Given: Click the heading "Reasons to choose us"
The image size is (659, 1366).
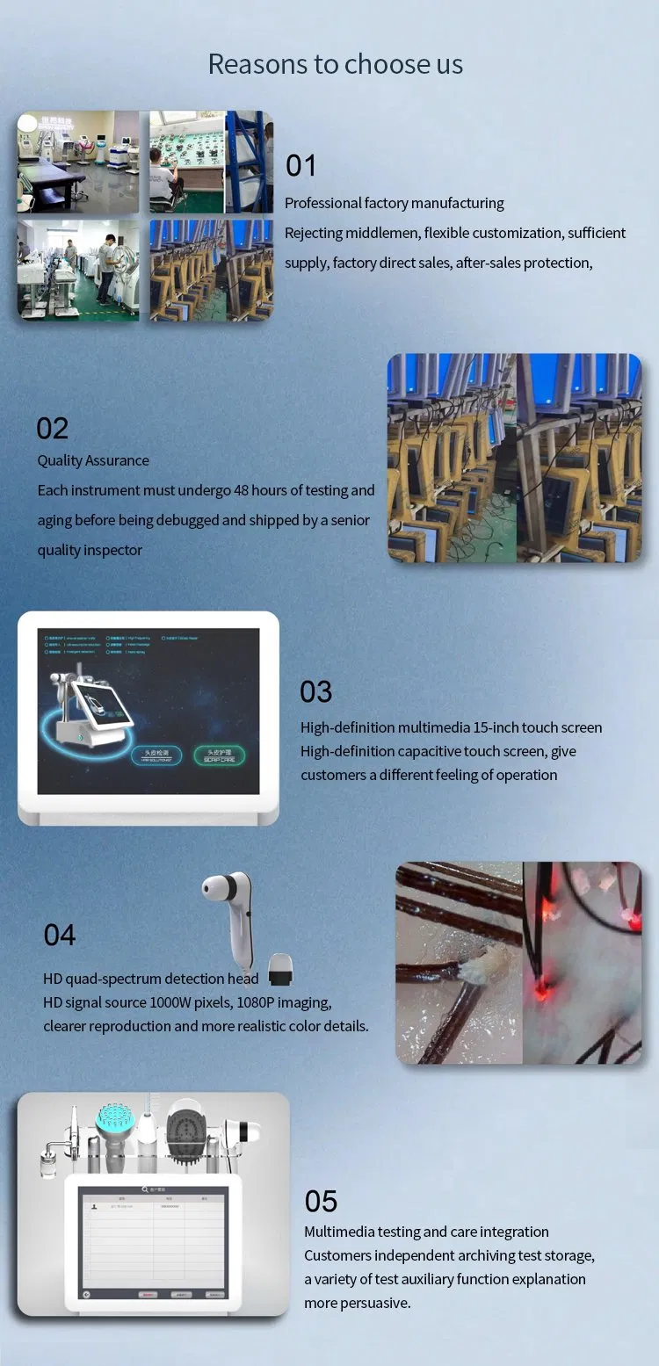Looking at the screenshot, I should [335, 64].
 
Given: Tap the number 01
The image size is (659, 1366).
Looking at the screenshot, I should [301, 166].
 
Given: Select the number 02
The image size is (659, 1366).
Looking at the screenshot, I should [52, 429].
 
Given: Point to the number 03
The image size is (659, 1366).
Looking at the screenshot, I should [315, 692].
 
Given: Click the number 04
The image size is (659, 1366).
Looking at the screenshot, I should [60, 936].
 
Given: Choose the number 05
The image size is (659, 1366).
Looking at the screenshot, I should [321, 1201].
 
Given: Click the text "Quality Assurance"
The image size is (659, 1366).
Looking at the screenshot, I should [93, 460].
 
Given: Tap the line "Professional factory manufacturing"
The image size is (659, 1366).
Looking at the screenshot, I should [394, 203].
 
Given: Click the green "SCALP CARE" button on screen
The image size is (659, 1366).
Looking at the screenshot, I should [219, 755].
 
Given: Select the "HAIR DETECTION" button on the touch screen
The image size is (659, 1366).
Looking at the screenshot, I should [156, 755].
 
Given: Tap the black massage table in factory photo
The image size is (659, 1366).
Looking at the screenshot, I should [53, 184].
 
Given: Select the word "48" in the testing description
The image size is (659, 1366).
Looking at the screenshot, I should [242, 490].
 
